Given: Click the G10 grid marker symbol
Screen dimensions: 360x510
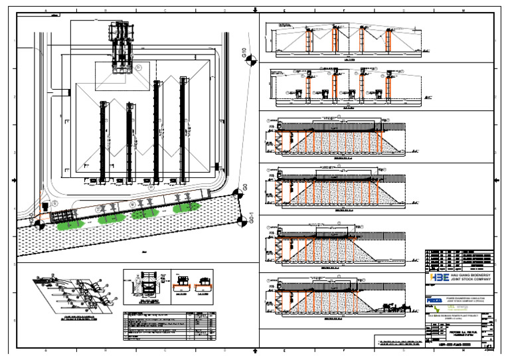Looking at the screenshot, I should tap(249, 62).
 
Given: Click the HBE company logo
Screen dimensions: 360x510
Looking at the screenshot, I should tap(440, 278).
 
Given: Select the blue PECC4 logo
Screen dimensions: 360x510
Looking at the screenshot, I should tap(434, 300).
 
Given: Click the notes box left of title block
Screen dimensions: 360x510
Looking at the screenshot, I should tap(398, 343).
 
